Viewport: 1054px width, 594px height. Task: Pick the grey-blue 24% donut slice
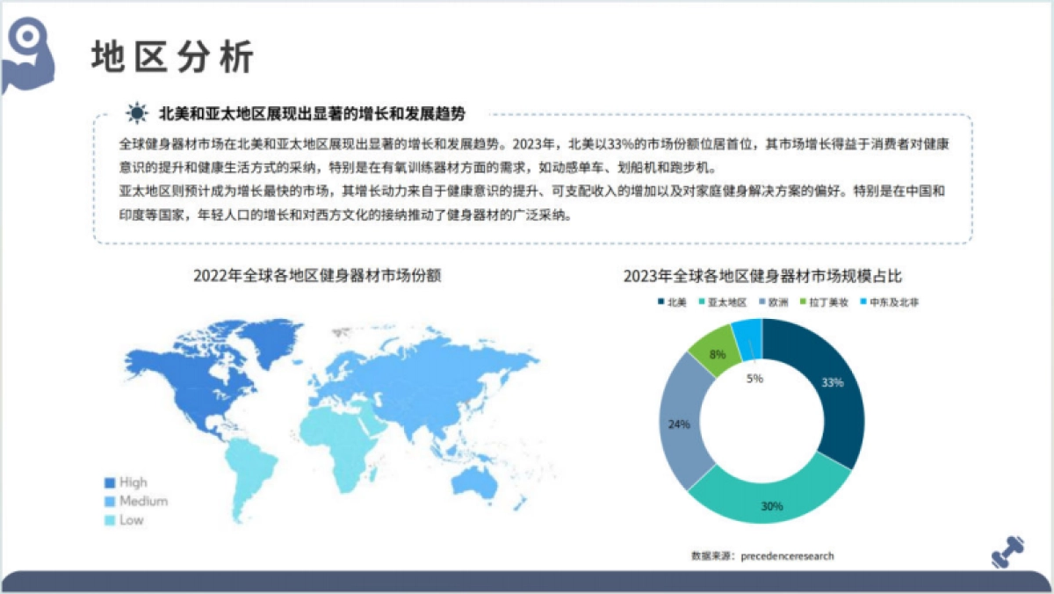pos(685,422)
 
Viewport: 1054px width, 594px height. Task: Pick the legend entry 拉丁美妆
pos(822,302)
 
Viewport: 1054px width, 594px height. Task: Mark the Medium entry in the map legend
pos(135,501)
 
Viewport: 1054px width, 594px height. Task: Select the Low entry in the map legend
pos(124,520)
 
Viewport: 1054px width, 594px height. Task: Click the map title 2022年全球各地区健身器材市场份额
pos(317,275)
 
